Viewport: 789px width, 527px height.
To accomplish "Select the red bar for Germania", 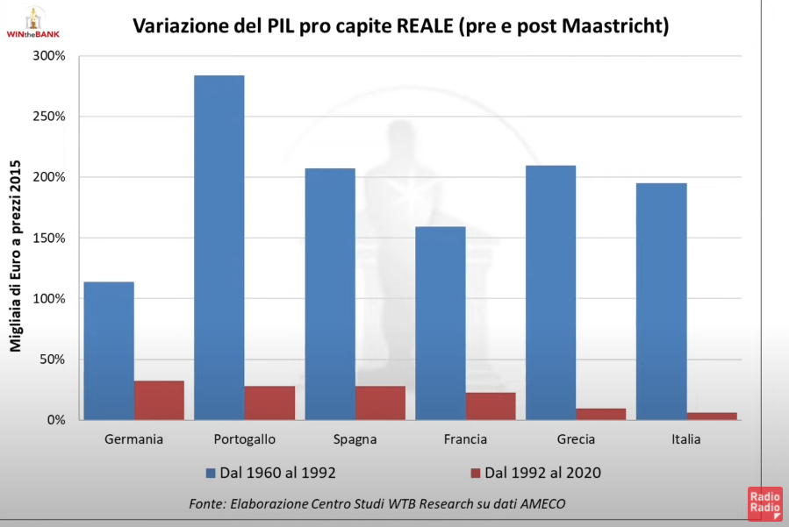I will click(159, 400).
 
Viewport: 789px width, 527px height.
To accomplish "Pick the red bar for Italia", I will click(712, 416).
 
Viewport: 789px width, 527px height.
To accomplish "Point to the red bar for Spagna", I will click(380, 402).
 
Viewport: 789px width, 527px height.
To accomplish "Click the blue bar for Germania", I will click(108, 351).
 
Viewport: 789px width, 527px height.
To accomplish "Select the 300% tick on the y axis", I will click(49, 56).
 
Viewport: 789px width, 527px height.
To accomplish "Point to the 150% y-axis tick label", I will click(49, 238).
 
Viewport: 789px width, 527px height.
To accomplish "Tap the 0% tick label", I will click(56, 420).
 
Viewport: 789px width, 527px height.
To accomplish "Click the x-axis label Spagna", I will click(355, 439).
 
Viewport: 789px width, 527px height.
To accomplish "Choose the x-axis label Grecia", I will click(576, 439).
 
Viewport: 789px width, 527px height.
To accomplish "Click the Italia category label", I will click(686, 439).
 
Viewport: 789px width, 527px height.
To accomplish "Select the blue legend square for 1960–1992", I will click(211, 473).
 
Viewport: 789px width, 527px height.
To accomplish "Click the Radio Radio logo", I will click(764, 505).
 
